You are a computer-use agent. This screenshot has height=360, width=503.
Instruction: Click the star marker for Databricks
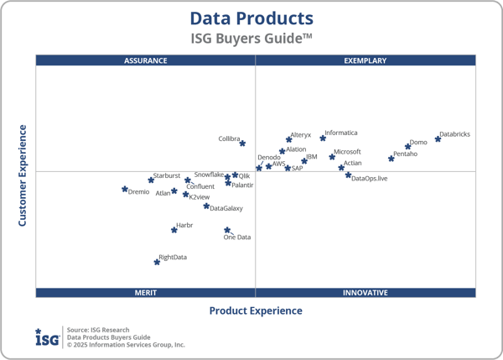coord(438,138)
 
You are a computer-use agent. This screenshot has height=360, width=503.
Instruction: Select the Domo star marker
coord(408,147)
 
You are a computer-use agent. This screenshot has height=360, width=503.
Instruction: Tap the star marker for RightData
coord(157,262)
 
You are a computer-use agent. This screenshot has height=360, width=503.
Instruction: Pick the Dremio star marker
coord(125,190)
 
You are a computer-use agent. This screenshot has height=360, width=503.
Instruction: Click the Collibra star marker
coord(242,143)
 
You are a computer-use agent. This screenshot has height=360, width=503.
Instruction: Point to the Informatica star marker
coord(323,138)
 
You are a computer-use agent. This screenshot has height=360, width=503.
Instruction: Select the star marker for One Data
coord(227,230)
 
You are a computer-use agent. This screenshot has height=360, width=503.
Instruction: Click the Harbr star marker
coord(174,229)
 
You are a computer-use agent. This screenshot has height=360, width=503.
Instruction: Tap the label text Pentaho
coord(405,154)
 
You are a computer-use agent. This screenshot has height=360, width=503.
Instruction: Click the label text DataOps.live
coord(370,179)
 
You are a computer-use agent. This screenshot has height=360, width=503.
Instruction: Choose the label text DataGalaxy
coord(226,208)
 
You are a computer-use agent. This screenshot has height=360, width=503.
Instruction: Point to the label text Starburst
coord(166,175)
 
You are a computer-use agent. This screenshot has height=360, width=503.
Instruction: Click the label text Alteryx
coord(300,135)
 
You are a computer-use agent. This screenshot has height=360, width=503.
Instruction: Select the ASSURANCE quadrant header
coord(146,60)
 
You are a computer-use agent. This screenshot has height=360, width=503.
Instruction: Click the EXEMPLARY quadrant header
coord(366,60)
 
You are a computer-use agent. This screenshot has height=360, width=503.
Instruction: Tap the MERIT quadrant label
coord(146,293)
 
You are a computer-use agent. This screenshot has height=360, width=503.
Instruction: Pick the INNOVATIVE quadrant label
coord(366,293)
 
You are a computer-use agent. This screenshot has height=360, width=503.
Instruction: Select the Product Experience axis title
coord(256,310)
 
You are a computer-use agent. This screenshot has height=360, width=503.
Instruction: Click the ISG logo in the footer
coord(47,337)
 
